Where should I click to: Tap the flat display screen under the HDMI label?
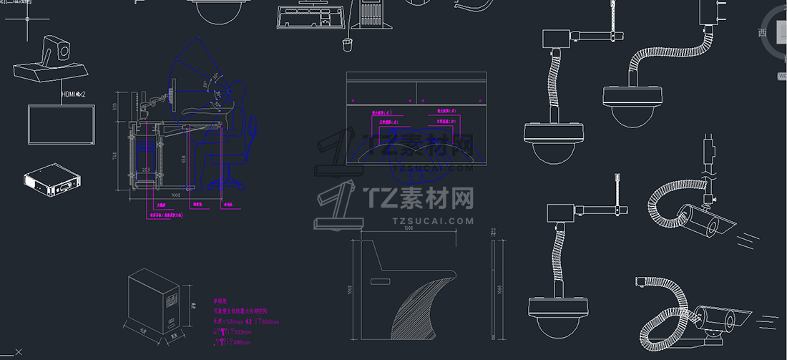(x=62, y=124)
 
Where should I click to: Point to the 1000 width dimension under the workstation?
(x=176, y=195)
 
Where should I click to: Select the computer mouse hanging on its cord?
(x=348, y=46)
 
